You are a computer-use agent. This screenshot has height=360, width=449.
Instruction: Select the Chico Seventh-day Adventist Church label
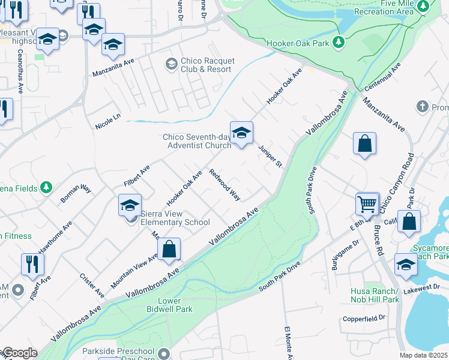click(197, 141)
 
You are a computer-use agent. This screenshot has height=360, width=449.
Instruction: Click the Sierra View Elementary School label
click(175, 218)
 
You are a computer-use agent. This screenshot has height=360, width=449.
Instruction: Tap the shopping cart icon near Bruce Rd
click(367, 203)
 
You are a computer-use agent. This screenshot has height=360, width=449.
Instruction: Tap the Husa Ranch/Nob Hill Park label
click(375, 295)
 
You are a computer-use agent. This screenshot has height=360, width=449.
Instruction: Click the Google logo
click(19, 353)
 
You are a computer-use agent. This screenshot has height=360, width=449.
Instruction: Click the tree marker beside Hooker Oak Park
click(339, 43)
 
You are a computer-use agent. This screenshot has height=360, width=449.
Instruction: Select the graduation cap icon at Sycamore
click(406, 264)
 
